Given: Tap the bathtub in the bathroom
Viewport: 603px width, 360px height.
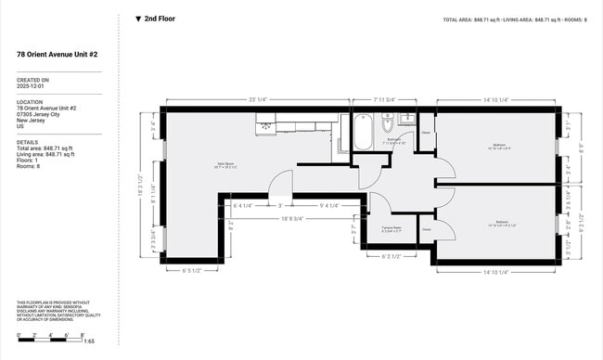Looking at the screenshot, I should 361,133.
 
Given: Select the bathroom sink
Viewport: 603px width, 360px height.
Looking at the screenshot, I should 406,120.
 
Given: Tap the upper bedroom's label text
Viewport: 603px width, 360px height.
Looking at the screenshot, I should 498,146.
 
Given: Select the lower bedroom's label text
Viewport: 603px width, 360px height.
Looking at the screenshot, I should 501,223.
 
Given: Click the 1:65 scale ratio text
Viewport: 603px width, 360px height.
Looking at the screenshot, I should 88,342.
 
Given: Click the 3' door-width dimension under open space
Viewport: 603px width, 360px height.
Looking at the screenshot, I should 280,206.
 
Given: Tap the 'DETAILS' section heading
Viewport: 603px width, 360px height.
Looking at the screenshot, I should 28,142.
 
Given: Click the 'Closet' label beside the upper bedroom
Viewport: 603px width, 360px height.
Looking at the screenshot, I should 426,133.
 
